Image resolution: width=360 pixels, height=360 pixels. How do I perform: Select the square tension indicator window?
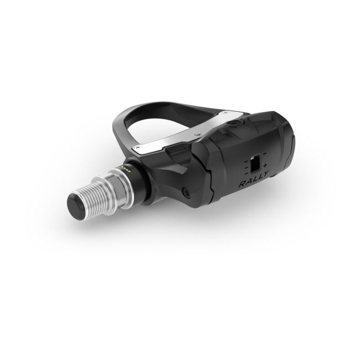tap(255, 164)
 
